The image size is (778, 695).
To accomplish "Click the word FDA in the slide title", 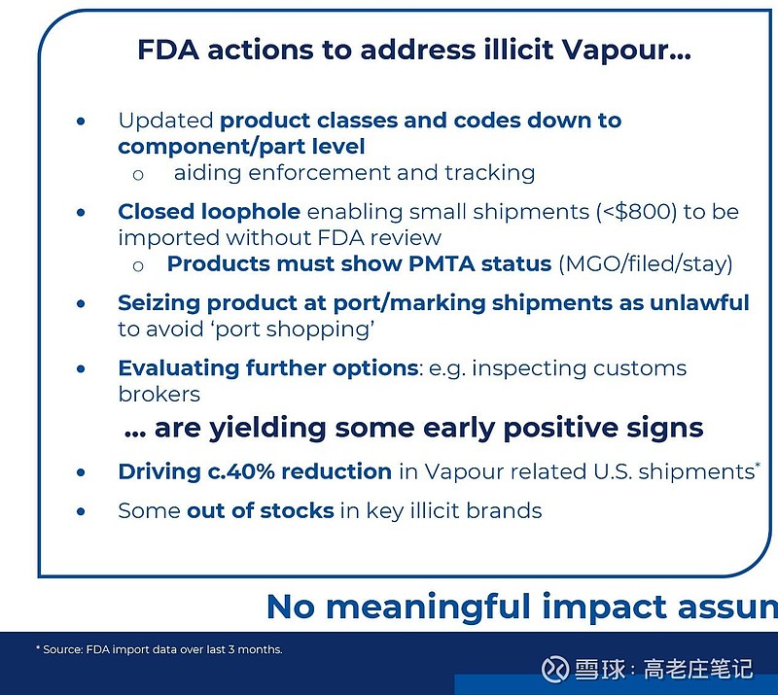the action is tap(168, 50).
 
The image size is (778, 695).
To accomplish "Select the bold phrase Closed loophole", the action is tap(209, 212).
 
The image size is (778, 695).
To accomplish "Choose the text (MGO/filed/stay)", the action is tap(646, 264).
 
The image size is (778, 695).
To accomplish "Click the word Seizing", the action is tap(159, 303).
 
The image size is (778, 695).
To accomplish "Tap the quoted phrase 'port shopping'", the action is tap(295, 330).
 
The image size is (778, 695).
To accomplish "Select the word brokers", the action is tap(159, 394).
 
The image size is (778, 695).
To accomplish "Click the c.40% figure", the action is tap(240, 471).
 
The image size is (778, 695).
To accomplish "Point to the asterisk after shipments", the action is tap(758, 465).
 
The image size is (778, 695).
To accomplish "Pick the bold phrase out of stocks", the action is tap(261, 510).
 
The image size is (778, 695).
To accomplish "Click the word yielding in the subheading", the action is tap(267, 429).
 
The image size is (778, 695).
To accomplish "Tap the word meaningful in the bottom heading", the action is tap(429, 608).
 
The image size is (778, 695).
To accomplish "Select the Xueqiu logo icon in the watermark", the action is tap(554, 669).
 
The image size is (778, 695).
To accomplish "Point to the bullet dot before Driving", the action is tap(81, 472).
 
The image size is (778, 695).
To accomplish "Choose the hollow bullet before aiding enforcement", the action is tap(138, 175).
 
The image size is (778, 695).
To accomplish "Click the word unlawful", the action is tap(699, 302).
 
